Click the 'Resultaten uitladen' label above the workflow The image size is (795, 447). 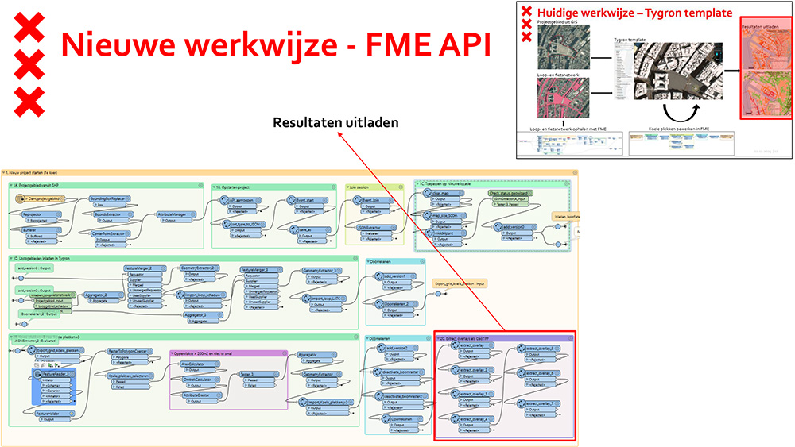tap(335, 123)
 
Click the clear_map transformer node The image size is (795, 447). tap(442, 193)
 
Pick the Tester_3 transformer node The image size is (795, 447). tap(250, 374)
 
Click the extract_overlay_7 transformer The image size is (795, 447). tap(541, 403)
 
